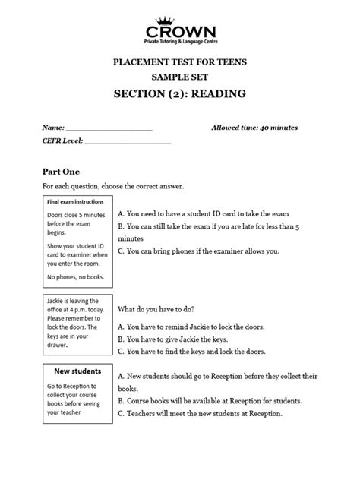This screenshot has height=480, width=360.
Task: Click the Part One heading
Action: pyautogui.click(x=62, y=172)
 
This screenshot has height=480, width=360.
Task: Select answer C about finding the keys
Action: pyautogui.click(x=201, y=352)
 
